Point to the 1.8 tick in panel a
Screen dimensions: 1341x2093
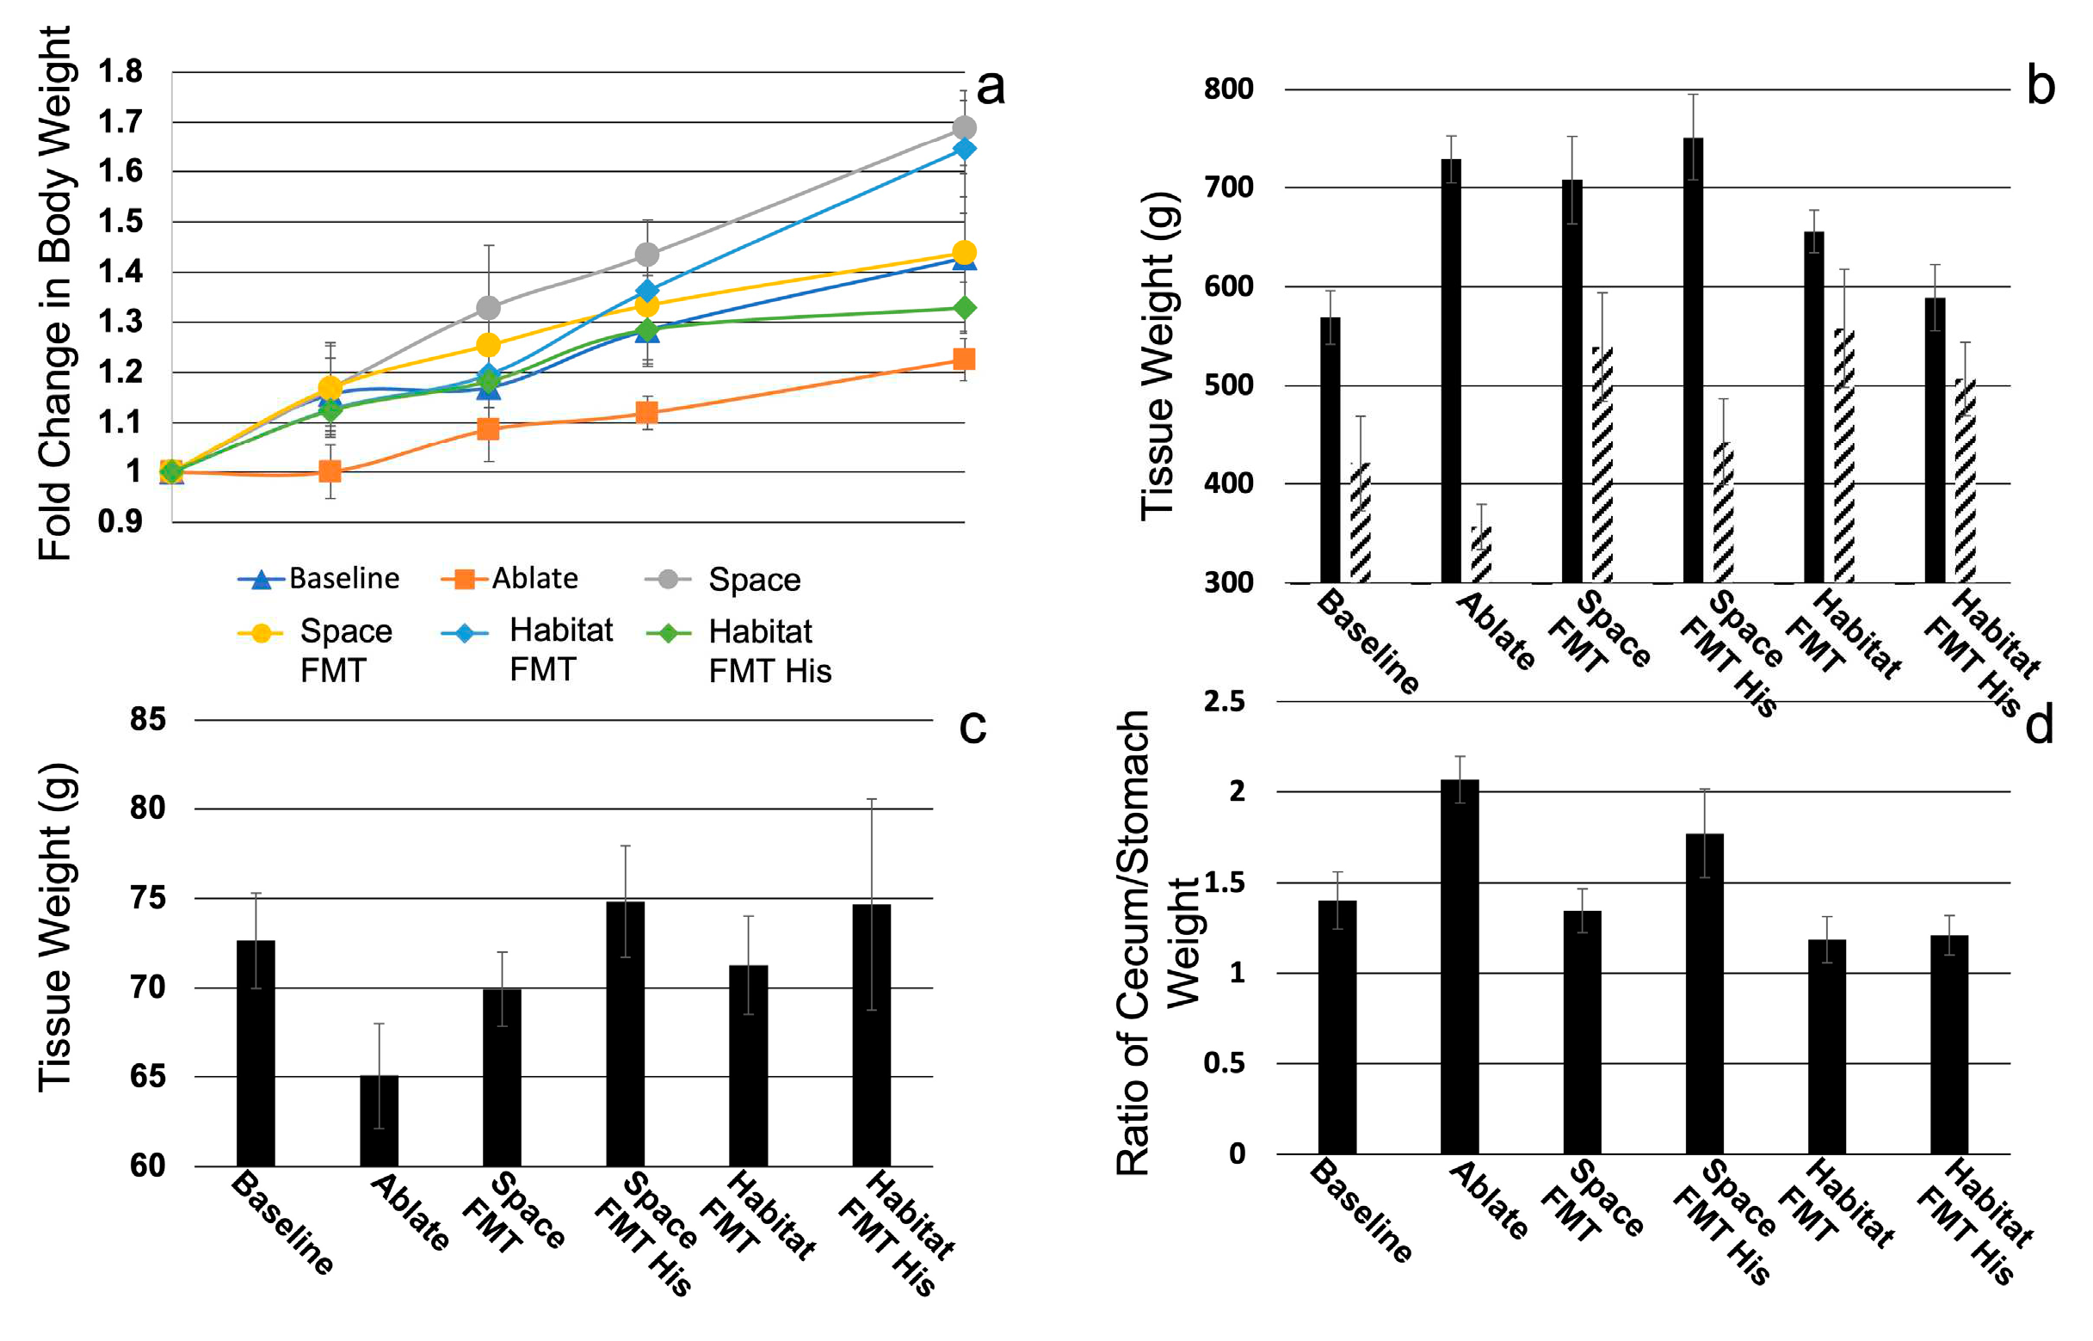[121, 71]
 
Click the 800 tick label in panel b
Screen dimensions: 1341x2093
[1228, 89]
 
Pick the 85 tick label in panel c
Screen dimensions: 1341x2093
[147, 719]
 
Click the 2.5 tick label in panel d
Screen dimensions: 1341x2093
[1224, 701]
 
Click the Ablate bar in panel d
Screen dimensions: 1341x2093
[1459, 966]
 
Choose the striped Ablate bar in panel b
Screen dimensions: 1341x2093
[1481, 555]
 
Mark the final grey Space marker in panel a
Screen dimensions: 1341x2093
[963, 128]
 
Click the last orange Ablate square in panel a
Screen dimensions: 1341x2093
[963, 359]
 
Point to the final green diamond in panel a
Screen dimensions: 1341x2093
[963, 307]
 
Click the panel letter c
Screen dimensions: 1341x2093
[972, 725]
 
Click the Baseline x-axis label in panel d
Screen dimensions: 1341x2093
[1360, 1211]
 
